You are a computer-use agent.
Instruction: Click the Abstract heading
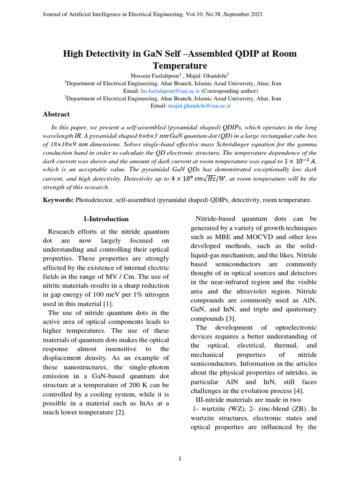[x=56, y=114]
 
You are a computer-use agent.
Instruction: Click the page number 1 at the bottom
[x=180, y=458]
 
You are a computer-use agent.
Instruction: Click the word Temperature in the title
[x=180, y=65]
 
